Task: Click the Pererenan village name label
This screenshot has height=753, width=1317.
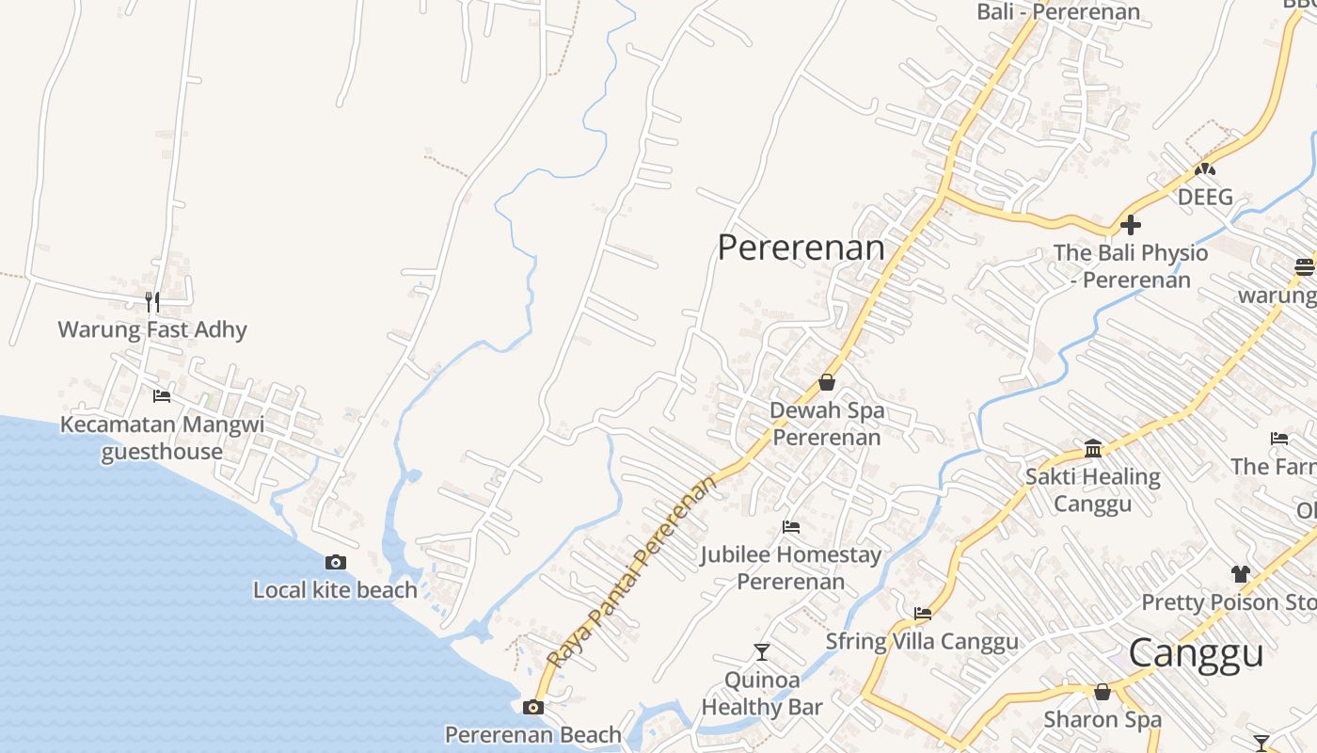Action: tap(801, 248)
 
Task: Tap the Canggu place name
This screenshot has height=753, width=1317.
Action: tap(1196, 652)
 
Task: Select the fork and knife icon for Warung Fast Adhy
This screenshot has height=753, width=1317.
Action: tap(152, 302)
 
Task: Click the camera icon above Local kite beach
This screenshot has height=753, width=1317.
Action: tap(336, 562)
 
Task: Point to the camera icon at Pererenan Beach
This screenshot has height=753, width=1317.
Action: tap(533, 707)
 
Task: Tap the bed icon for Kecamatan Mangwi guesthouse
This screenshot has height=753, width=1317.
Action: tap(162, 396)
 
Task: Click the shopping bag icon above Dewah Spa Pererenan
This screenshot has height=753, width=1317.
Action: tap(827, 382)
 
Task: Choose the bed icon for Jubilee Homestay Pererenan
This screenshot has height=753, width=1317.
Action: tap(791, 527)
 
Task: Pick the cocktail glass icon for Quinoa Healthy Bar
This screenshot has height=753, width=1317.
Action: tap(762, 651)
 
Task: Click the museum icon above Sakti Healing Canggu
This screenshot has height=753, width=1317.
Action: tap(1093, 448)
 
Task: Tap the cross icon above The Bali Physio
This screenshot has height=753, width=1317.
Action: tap(1131, 225)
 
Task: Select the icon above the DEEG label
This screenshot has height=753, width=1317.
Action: tap(1205, 169)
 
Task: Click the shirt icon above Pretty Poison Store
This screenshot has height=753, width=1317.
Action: tap(1240, 573)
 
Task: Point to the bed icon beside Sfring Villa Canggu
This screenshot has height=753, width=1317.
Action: tap(923, 614)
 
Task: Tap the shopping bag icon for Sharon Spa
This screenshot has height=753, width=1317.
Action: tap(1103, 692)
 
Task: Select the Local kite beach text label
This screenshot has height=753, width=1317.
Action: tap(335, 590)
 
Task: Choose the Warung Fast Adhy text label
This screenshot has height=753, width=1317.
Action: tap(152, 329)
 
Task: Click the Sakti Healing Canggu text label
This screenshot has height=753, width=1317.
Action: tap(1092, 489)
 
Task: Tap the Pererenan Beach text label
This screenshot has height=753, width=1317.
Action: tap(532, 735)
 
